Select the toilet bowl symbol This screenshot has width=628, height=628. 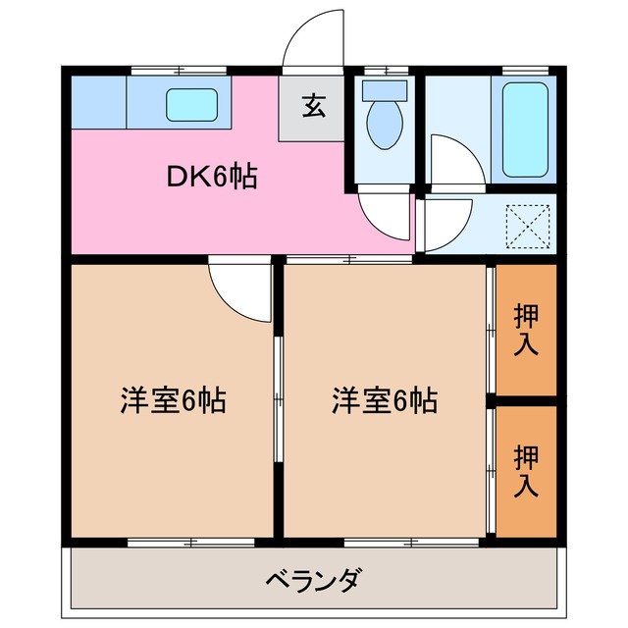(x=384, y=123)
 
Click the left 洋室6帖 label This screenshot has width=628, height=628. (x=174, y=400)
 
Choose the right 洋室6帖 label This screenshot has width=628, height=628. (x=384, y=400)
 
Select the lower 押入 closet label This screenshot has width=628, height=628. (x=527, y=470)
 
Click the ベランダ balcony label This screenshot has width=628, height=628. (x=312, y=579)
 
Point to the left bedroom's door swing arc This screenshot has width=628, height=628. (x=241, y=290)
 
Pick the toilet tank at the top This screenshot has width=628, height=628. (x=384, y=89)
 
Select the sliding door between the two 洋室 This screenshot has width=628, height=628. (x=279, y=398)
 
